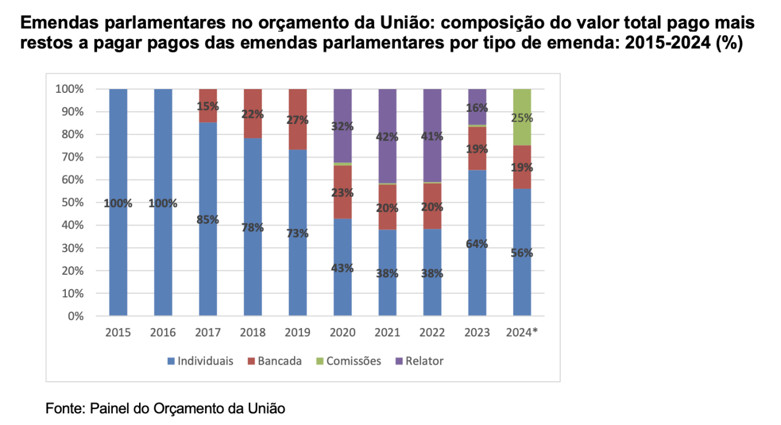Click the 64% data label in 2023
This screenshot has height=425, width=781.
point(477,244)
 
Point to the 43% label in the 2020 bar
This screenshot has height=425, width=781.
point(342,267)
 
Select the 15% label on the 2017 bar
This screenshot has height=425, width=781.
point(208,106)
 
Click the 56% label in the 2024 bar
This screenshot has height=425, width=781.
point(522,253)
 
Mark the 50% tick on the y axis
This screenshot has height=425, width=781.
point(71,203)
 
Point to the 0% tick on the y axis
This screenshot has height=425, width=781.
point(75,316)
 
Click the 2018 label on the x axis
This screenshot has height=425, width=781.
point(253,333)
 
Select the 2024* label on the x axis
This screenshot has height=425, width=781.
point(522,333)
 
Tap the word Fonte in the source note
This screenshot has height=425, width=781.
point(64,408)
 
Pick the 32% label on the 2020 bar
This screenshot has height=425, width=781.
point(342,126)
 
